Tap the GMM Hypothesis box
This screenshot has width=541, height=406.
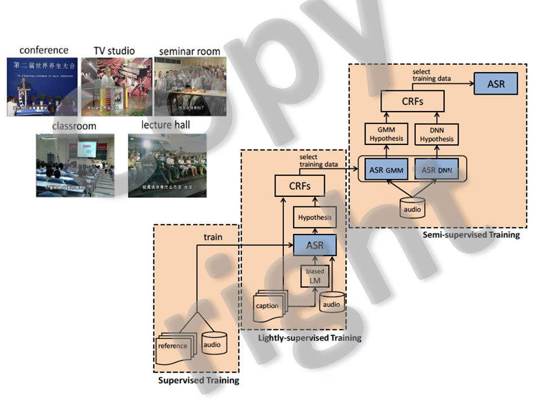click(x=386, y=135)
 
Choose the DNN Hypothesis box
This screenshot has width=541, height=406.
click(x=437, y=135)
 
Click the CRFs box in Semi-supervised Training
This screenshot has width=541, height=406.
click(x=413, y=101)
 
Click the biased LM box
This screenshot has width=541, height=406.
click(x=315, y=276)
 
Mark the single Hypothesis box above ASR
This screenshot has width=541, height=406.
click(x=314, y=217)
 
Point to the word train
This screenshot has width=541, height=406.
click(x=212, y=237)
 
